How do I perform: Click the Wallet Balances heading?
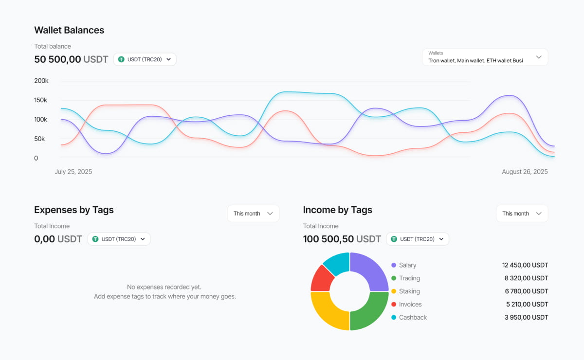[x=69, y=30]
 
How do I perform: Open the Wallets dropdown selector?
[x=485, y=57]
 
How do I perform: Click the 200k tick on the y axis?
[x=41, y=81]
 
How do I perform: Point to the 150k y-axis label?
[x=41, y=100]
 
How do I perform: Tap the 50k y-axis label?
[x=39, y=139]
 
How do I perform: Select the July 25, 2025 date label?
[x=73, y=172]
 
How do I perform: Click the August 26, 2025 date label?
[x=525, y=172]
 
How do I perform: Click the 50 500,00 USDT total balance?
[x=71, y=59]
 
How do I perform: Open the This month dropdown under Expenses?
[x=253, y=214]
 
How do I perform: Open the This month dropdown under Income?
[x=522, y=214]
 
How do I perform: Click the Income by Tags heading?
[x=337, y=210]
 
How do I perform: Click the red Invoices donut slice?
[x=322, y=278]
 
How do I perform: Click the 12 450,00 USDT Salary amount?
[x=525, y=265]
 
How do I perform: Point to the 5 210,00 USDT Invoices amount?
[x=527, y=304]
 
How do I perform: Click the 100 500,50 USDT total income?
[x=342, y=239]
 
